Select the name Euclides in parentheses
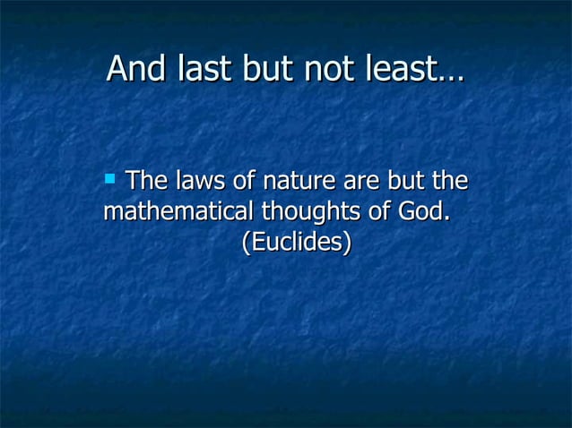(x=296, y=242)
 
